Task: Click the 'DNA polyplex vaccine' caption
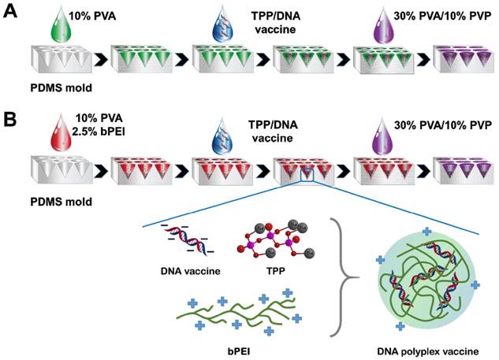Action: pos(429,348)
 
